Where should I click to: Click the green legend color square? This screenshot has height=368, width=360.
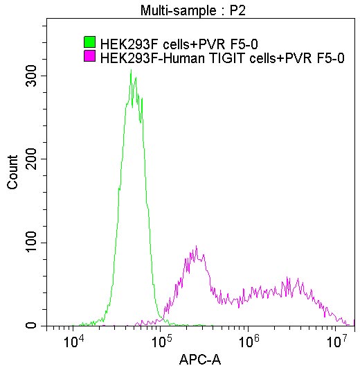(89, 43)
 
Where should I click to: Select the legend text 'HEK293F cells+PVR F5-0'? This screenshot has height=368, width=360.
(179, 44)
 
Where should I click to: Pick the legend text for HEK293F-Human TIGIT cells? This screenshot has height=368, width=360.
(222, 58)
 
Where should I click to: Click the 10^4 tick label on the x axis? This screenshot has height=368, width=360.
(73, 342)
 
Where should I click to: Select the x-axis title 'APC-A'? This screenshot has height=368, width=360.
(199, 360)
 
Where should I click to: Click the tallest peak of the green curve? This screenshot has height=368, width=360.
(131, 71)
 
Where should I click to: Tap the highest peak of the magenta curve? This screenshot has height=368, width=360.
(197, 247)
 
